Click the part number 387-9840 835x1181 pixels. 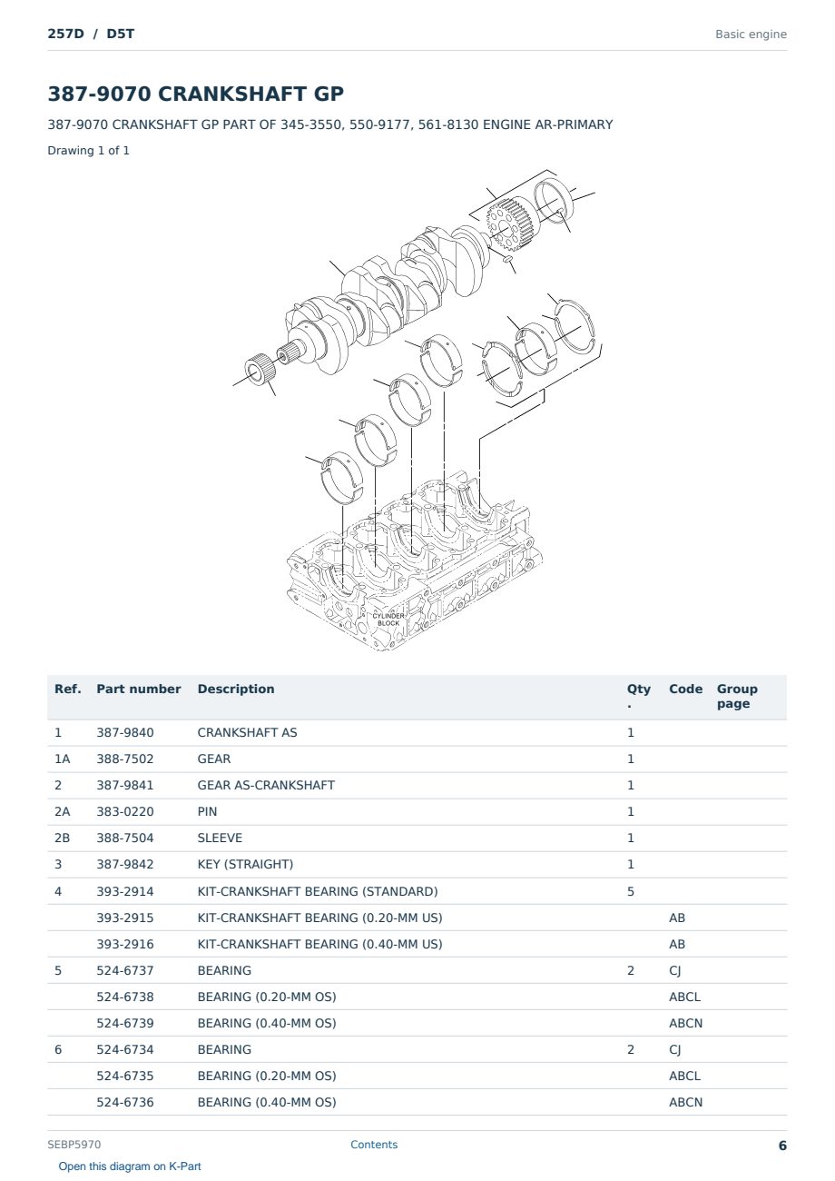[x=125, y=732]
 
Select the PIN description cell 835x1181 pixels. [x=207, y=811]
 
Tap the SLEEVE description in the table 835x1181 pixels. [x=220, y=838]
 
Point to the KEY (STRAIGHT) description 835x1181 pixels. [x=245, y=864]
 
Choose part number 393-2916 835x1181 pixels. [x=125, y=944]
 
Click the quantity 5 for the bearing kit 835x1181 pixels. [x=631, y=891]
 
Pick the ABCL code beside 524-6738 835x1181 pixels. [x=685, y=997]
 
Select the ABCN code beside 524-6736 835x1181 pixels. [x=685, y=1102]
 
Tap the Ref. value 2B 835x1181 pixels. [x=62, y=838]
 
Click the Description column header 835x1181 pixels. [x=235, y=690]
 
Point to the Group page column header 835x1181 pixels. [x=737, y=696]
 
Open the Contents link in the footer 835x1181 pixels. [x=374, y=1145]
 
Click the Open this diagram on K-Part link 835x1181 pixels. [x=130, y=1166]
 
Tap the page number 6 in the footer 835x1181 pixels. [x=782, y=1146]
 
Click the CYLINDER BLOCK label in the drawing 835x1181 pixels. [x=388, y=620]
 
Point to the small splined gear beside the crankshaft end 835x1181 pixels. [x=260, y=369]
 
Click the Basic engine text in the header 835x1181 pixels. [x=751, y=35]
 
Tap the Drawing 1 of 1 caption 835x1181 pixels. [x=89, y=151]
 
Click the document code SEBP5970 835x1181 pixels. [x=74, y=1145]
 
